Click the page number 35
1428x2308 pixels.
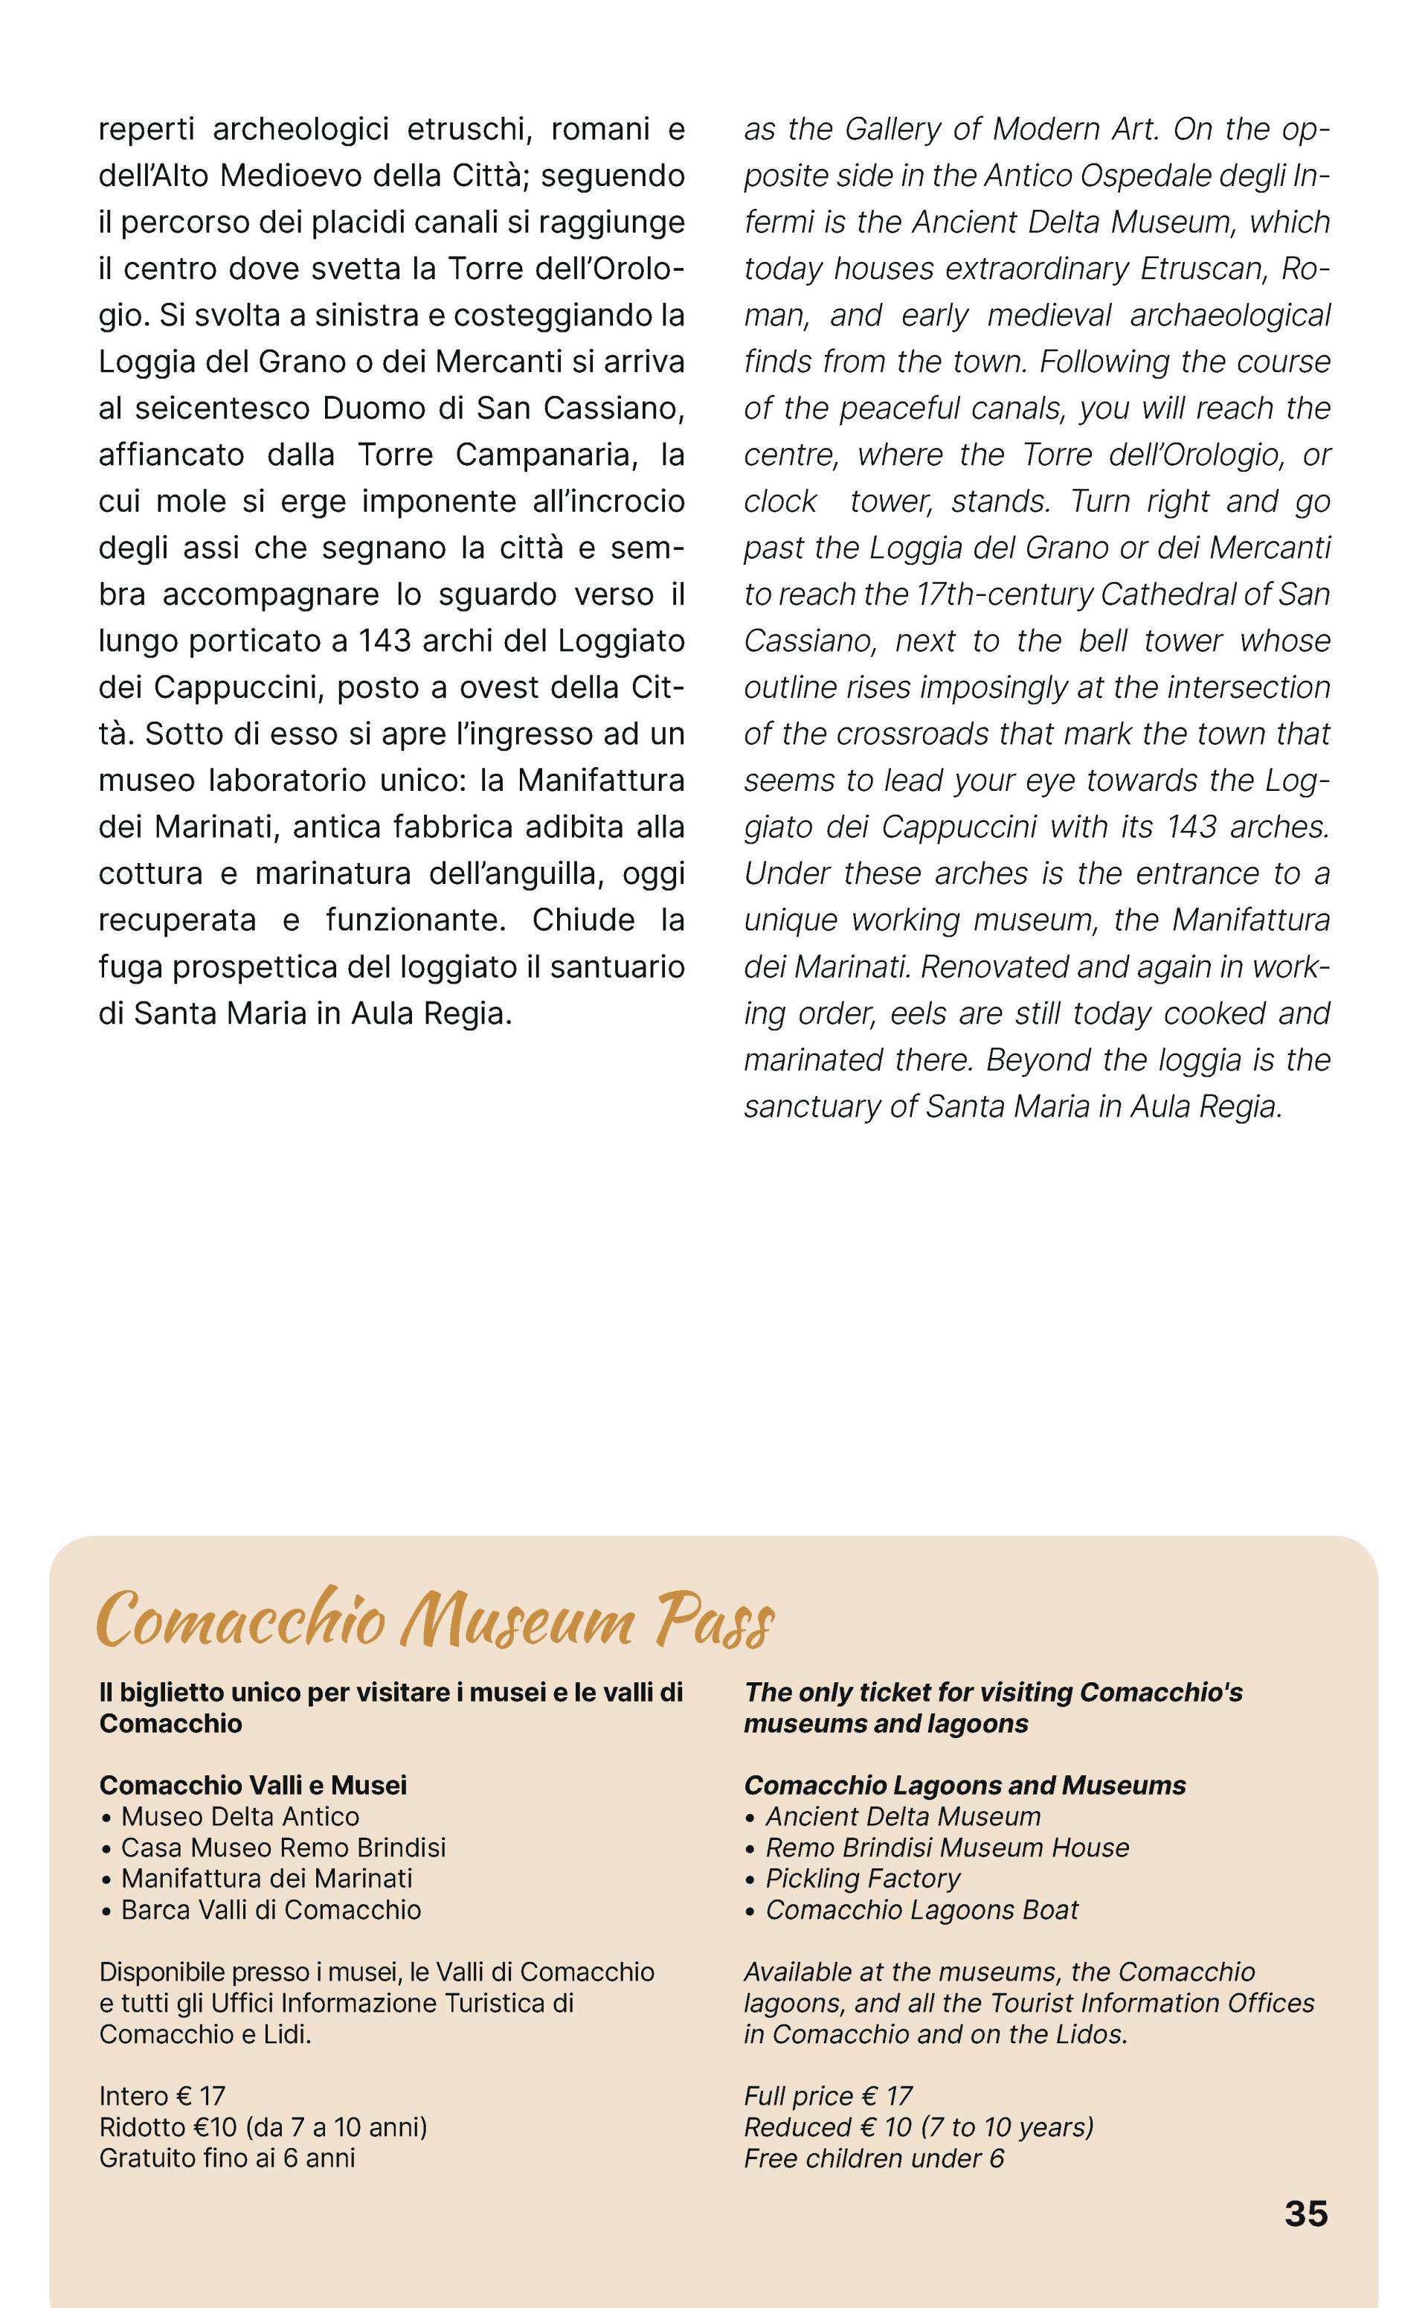click(x=1305, y=2214)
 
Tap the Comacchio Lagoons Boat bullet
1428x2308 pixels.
click(x=921, y=1909)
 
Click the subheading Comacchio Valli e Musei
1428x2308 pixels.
click(x=253, y=1785)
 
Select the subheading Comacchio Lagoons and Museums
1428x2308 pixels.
click(x=965, y=1785)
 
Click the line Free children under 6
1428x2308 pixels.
click(x=874, y=2158)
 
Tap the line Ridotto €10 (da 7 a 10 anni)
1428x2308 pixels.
click(x=263, y=2126)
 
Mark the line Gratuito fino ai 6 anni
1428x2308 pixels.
click(x=228, y=2158)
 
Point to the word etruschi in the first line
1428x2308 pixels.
click(x=466, y=129)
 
